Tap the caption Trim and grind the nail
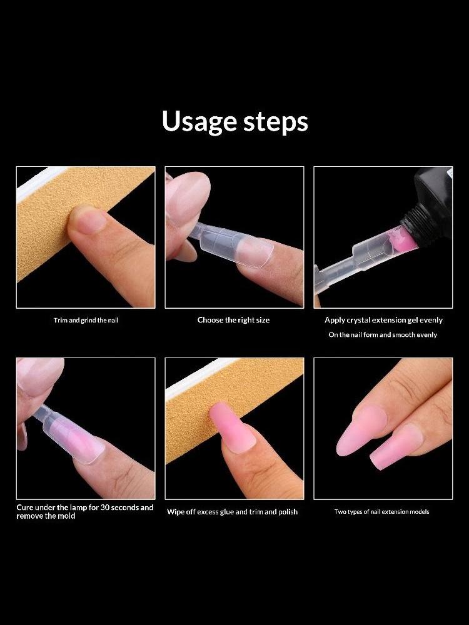(x=86, y=320)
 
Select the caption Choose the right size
(x=233, y=319)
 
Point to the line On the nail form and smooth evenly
(x=383, y=335)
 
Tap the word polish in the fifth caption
(x=288, y=512)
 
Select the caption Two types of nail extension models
(x=381, y=512)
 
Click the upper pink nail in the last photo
(x=361, y=430)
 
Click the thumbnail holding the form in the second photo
(x=188, y=191)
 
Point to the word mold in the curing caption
(x=66, y=516)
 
